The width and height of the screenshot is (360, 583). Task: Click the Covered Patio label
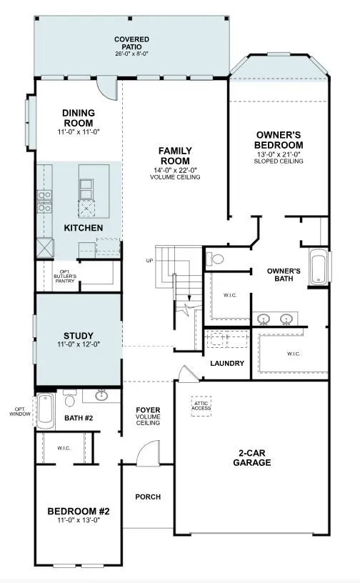131,44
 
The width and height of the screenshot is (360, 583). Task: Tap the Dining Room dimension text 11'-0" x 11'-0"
79,132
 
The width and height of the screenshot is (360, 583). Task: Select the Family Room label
174,156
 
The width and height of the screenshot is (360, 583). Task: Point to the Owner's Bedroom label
279,140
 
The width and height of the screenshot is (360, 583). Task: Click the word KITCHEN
84,228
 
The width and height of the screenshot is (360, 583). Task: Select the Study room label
78,336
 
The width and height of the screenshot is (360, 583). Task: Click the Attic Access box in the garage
201,406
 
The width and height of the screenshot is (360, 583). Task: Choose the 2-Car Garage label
251,457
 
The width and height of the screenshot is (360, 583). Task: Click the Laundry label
227,364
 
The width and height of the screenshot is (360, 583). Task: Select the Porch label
148,497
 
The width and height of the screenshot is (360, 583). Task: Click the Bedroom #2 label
79,512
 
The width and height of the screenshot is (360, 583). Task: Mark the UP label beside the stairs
149,261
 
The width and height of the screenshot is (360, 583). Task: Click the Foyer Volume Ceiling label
148,417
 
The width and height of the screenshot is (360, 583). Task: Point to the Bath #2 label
78,417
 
